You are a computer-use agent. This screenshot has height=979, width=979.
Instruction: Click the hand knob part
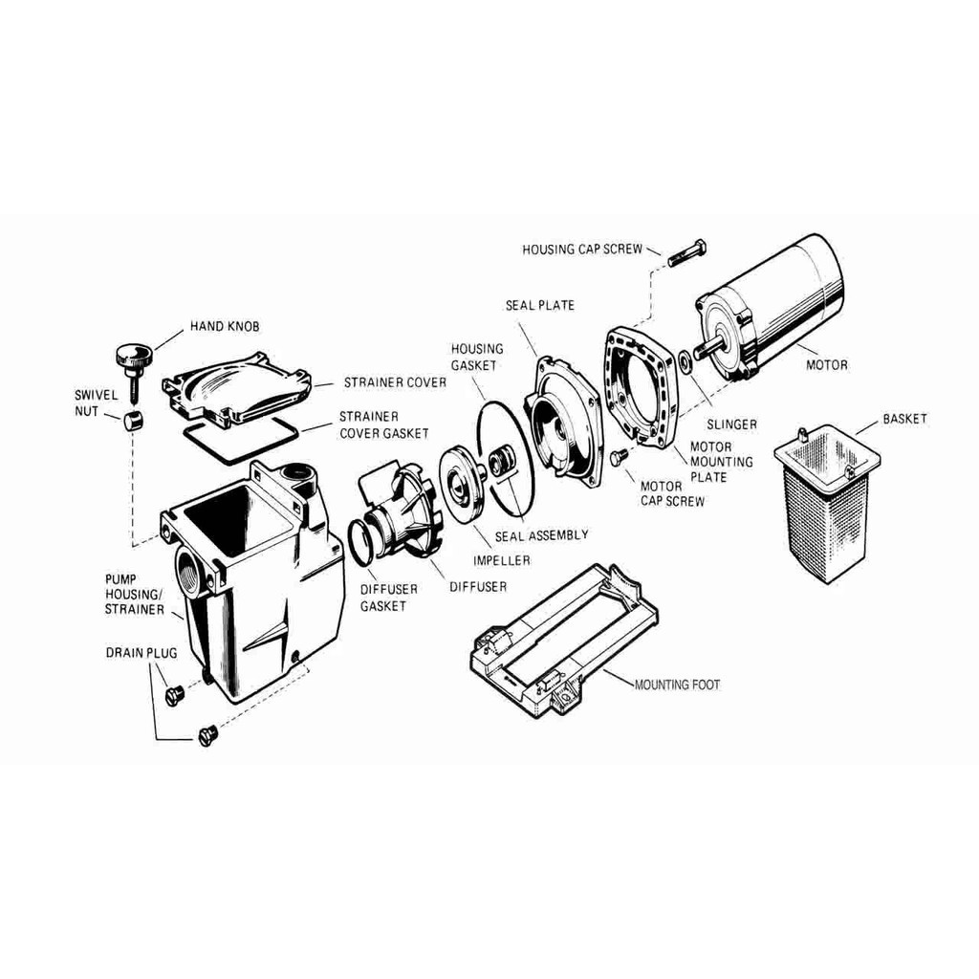coord(133,368)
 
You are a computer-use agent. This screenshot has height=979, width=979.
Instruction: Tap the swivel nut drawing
coord(132,421)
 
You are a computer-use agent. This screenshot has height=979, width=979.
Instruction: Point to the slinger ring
coord(685,361)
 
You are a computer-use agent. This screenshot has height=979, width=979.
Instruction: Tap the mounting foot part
coord(563,644)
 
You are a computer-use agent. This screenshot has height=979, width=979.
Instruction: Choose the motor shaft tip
coord(707,346)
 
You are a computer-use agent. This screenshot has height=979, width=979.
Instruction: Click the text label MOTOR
coord(827,364)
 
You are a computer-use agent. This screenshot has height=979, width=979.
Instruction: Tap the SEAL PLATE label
coord(540,305)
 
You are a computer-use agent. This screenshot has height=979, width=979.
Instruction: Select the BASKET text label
coord(904,419)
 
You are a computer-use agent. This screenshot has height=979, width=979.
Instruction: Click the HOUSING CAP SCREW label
coord(582,250)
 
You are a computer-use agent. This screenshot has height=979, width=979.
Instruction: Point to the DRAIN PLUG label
coord(141,653)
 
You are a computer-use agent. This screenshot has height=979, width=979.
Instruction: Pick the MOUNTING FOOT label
coord(677,685)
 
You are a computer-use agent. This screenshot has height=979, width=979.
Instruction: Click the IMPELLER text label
coord(501,560)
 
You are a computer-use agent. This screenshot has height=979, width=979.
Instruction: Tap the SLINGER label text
coord(731,424)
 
